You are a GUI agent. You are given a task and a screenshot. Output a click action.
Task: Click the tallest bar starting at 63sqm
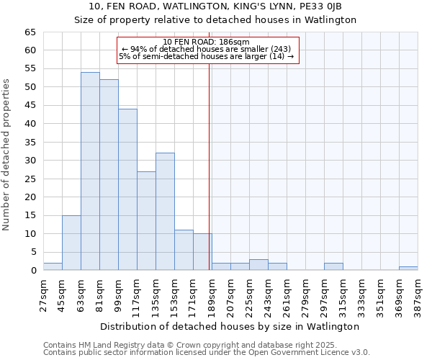(90, 171)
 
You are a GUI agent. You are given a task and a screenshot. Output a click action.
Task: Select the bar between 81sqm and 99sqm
(109, 175)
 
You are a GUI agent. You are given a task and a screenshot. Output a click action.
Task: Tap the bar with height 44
(127, 189)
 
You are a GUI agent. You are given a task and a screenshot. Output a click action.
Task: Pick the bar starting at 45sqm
(71, 243)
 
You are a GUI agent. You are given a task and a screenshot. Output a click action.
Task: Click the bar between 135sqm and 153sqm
(165, 212)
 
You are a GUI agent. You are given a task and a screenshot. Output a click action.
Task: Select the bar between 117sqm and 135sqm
(146, 221)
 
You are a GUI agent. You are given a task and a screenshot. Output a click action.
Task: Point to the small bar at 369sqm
(408, 268)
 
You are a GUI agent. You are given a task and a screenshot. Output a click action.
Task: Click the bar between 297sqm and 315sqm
(333, 266)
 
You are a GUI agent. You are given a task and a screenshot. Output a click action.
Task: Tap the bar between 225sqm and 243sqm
(258, 264)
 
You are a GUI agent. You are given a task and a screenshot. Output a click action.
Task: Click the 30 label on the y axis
(30, 161)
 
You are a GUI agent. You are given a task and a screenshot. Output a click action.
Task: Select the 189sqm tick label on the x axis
(212, 293)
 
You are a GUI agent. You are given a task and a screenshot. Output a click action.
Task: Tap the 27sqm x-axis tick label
(43, 293)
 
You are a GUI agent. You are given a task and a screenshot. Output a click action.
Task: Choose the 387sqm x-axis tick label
(418, 293)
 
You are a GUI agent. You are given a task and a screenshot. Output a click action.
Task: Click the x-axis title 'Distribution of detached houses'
(230, 326)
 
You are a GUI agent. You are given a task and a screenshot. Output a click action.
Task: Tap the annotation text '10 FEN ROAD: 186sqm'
(207, 42)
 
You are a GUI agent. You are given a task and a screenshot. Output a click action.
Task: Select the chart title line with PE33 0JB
(215, 6)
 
